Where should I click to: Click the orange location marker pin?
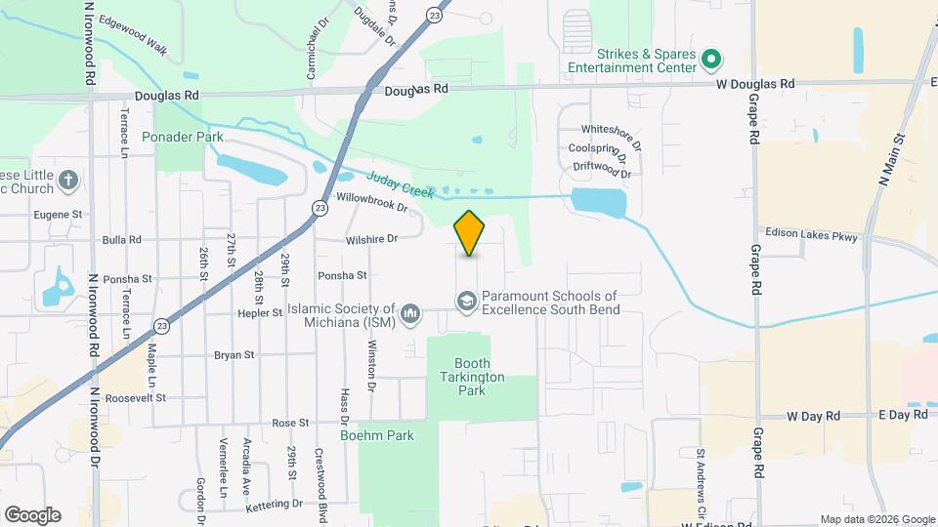[x=470, y=233]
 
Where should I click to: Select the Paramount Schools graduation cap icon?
[x=468, y=303]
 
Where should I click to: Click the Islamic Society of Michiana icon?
[x=411, y=313]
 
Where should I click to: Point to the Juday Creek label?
[x=401, y=184]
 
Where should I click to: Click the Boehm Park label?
[x=377, y=436]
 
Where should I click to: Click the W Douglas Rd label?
[x=755, y=85]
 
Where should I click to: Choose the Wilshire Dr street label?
[x=371, y=239]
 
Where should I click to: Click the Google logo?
[x=32, y=515]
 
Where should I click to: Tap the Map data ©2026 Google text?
[x=876, y=519]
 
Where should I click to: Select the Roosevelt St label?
[x=136, y=398]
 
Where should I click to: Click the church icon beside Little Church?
[x=67, y=180]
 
